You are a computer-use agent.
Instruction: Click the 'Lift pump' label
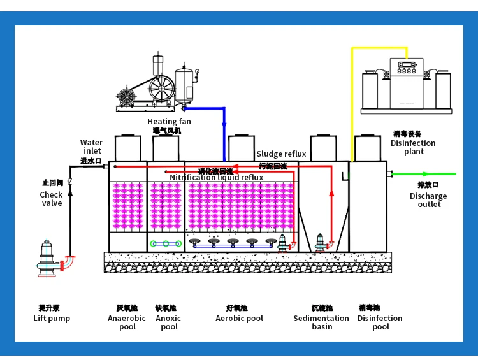(52, 319)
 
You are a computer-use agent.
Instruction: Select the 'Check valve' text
(52, 199)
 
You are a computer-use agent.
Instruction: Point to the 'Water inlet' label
(92, 147)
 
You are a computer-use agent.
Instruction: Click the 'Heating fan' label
(169, 122)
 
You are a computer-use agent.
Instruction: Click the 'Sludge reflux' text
(281, 154)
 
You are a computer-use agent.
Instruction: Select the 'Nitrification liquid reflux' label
(216, 178)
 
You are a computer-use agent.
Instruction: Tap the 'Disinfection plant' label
(413, 147)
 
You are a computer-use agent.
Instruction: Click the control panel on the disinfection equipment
(406, 66)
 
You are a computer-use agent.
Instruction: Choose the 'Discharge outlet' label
(428, 200)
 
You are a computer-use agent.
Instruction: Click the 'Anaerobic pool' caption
(127, 322)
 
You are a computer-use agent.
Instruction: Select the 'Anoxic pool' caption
(169, 322)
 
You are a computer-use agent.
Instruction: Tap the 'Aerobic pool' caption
(239, 319)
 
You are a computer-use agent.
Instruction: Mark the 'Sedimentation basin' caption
(321, 322)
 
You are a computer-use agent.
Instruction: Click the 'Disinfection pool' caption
(380, 322)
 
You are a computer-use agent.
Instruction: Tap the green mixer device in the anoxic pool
(166, 243)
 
